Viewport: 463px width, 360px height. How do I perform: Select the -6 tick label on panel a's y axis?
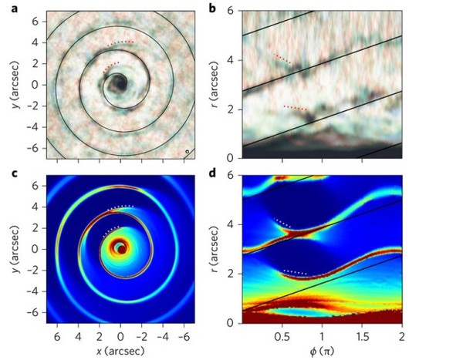tap(34, 147)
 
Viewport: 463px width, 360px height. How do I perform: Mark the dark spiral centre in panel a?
tap(120, 83)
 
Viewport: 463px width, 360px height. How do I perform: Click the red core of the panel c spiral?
tap(120, 248)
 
